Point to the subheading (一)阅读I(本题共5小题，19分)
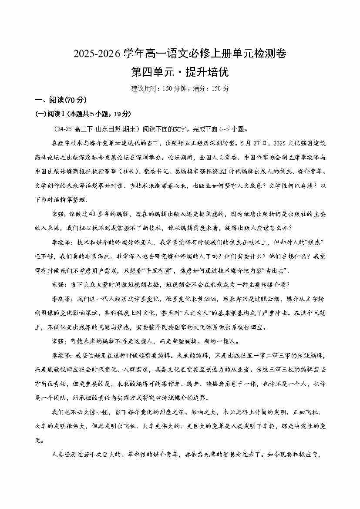tap(83, 114)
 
